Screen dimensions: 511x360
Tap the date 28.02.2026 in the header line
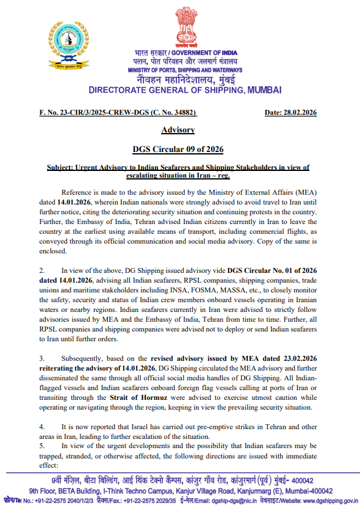tap(290, 112)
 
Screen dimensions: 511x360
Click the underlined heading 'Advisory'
tap(178, 129)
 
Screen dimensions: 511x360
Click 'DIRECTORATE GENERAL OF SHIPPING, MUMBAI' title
tap(185, 90)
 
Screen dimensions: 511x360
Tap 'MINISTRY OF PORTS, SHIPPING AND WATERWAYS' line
tap(184, 70)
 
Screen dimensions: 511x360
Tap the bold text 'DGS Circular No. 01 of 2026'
tap(273, 253)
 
